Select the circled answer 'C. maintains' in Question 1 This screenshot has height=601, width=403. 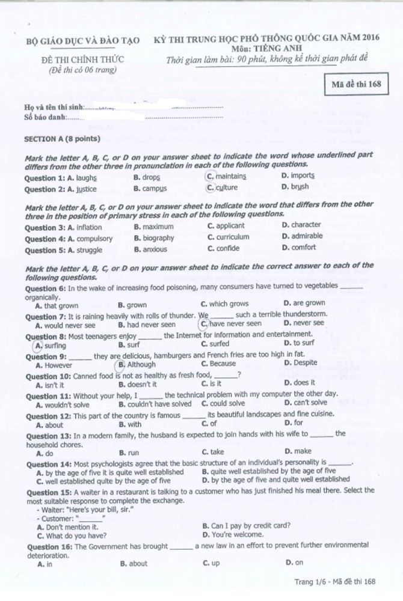226,176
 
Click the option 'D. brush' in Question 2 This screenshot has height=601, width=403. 295,187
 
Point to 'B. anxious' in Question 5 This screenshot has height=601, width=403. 150,249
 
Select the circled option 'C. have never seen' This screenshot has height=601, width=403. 231,323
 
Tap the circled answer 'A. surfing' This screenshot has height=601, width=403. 51,345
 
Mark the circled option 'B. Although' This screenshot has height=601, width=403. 137,364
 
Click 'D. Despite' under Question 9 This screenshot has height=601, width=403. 300,363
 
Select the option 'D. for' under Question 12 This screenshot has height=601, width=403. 294,423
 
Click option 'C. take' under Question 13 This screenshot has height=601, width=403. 213,452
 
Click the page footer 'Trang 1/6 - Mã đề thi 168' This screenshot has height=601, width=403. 334,581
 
